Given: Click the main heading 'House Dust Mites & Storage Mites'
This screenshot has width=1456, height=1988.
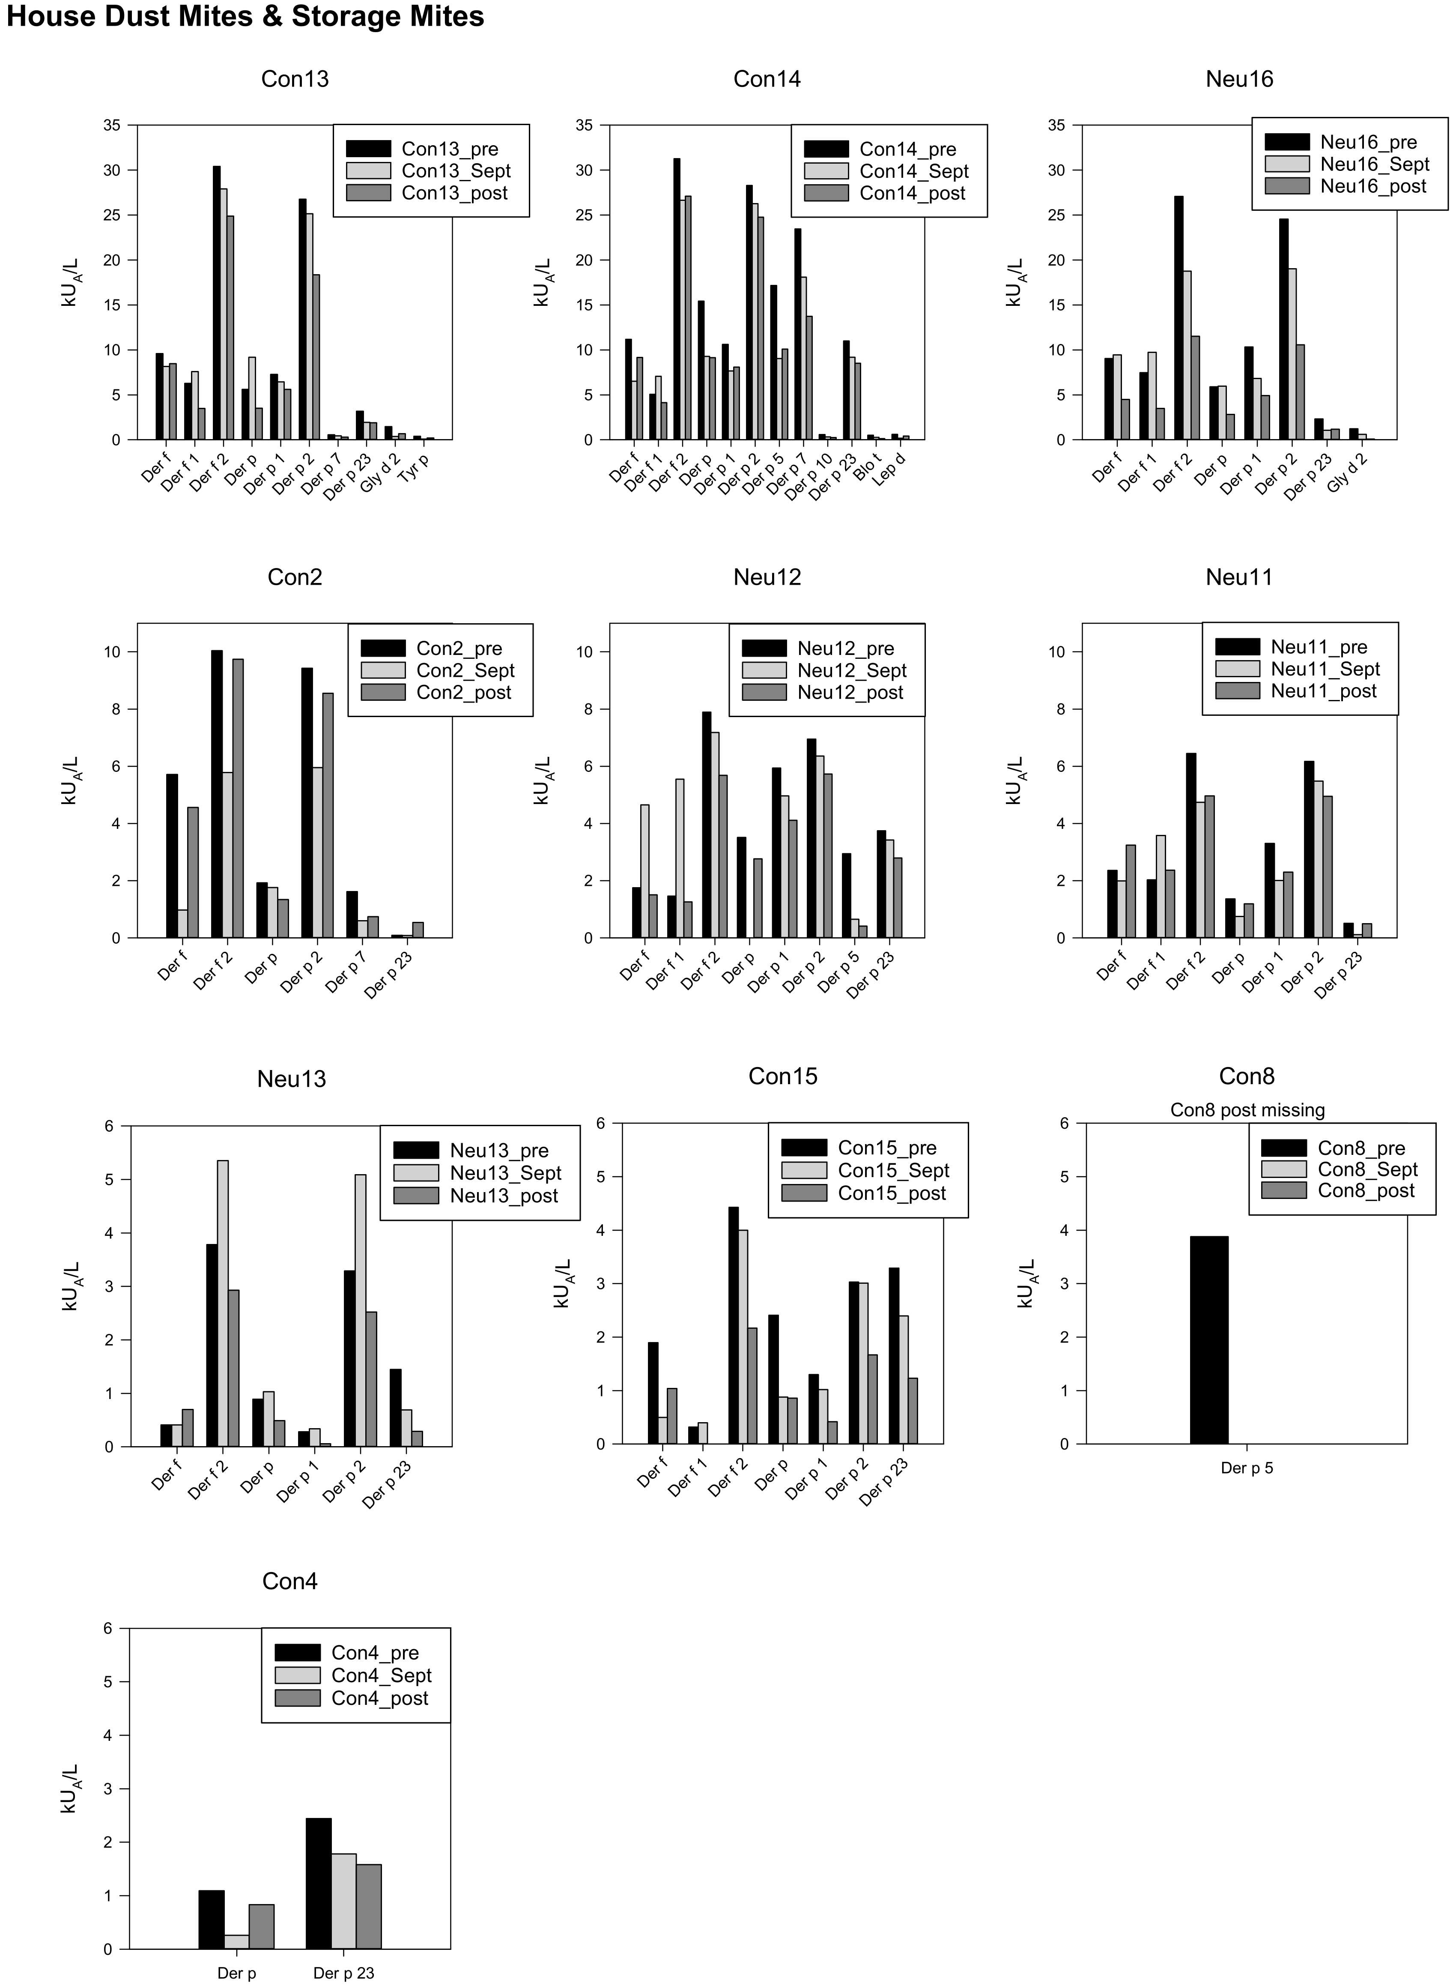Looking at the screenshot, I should pos(245,17).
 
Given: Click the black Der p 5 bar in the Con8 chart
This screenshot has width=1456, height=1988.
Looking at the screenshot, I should pos(1208,1340).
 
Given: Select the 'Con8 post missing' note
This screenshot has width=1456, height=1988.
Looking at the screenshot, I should pos(1246,1110).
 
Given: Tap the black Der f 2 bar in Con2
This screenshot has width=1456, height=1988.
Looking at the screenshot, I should pos(217,793).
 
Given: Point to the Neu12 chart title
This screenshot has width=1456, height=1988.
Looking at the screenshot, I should pos(767,577).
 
